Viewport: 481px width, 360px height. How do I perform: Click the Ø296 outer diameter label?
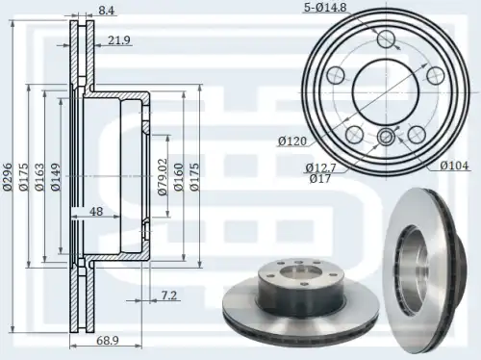[8, 177]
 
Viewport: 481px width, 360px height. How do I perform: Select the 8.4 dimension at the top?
[106, 11]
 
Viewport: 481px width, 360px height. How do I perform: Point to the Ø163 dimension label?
[39, 177]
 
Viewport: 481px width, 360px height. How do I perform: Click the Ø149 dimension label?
[56, 177]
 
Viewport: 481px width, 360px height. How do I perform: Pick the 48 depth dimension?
[96, 212]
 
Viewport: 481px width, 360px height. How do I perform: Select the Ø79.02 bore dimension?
[163, 177]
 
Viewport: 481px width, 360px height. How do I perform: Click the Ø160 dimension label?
[179, 177]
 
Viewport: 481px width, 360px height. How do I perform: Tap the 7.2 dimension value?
[168, 296]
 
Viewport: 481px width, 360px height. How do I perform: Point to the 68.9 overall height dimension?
[108, 341]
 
